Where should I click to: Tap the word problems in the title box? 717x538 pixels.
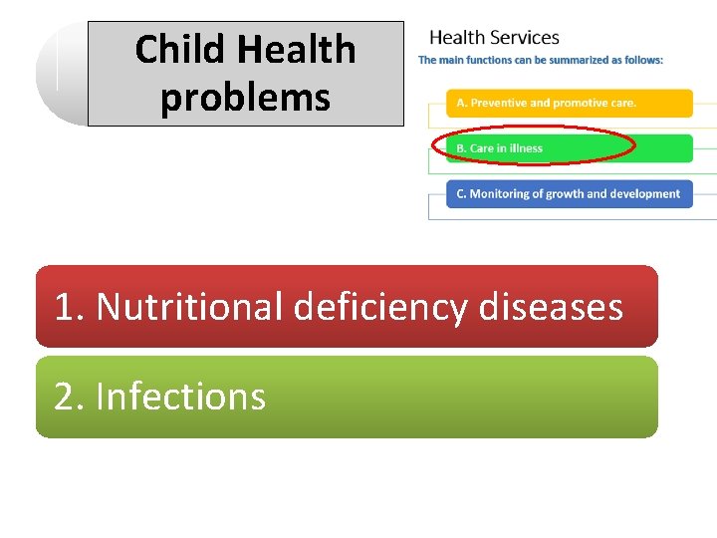pyautogui.click(x=245, y=98)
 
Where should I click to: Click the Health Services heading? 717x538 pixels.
pyautogui.click(x=494, y=38)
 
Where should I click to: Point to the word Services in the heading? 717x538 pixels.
pyautogui.click(x=524, y=38)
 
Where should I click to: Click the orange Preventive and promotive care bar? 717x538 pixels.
pyautogui.click(x=569, y=103)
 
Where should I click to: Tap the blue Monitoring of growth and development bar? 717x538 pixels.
pyautogui.click(x=569, y=194)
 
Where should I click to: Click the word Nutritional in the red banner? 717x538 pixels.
pyautogui.click(x=190, y=306)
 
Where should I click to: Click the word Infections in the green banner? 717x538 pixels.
pyautogui.click(x=180, y=397)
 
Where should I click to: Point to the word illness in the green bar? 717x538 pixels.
pyautogui.click(x=525, y=148)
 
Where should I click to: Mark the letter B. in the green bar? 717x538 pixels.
pyautogui.click(x=461, y=148)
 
